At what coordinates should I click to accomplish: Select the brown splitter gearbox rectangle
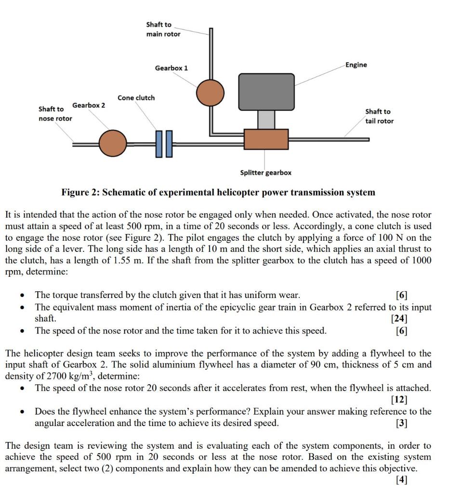(266, 139)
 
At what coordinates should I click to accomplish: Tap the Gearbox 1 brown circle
(210, 92)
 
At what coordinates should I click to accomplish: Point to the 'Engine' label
(356, 65)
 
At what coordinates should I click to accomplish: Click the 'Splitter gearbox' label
(266, 172)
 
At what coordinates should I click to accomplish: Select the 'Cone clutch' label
(136, 98)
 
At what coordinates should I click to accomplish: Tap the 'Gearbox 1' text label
(172, 68)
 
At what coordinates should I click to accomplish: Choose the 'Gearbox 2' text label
(89, 105)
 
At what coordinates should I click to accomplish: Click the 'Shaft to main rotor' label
(163, 29)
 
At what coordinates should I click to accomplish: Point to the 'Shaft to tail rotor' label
(379, 117)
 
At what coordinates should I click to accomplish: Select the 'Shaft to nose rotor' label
(55, 114)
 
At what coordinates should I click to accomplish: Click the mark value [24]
(400, 318)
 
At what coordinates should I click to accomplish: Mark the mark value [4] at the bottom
(402, 480)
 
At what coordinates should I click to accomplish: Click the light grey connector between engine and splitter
(266, 119)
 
